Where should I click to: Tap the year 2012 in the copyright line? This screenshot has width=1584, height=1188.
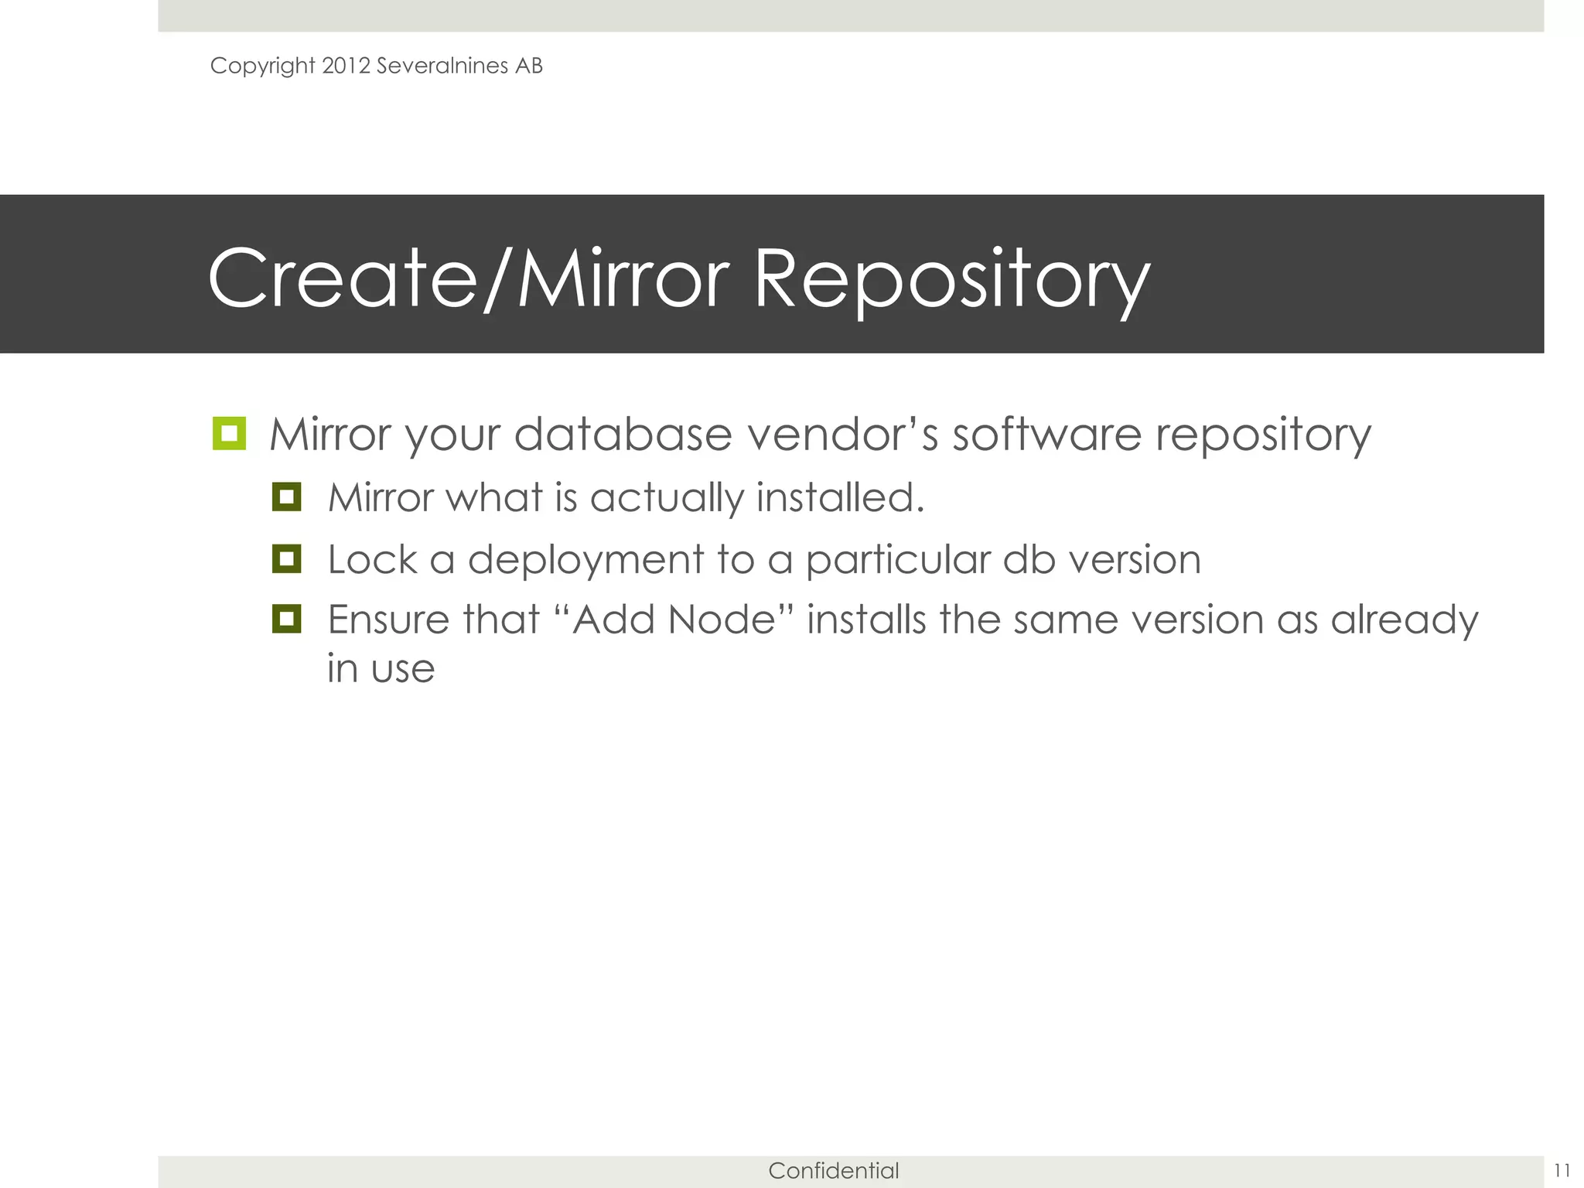[x=346, y=66]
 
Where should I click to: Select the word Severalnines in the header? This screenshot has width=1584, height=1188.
[x=442, y=66]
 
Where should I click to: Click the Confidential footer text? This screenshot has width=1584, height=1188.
[x=833, y=1170]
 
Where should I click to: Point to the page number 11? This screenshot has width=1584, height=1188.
[x=1562, y=1169]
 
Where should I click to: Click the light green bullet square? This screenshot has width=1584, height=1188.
[x=229, y=433]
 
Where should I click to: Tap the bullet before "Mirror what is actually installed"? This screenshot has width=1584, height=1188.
[x=286, y=497]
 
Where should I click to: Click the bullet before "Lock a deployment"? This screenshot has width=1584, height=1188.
[x=286, y=558]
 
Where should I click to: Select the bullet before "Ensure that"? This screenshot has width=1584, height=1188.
[x=286, y=619]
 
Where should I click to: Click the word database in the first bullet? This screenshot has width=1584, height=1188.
[x=623, y=435]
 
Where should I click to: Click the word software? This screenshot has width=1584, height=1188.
[x=1046, y=435]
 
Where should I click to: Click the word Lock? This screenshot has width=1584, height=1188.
[x=372, y=559]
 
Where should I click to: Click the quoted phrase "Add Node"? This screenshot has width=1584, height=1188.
[x=674, y=620]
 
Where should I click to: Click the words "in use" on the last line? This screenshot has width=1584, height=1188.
[x=381, y=669]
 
